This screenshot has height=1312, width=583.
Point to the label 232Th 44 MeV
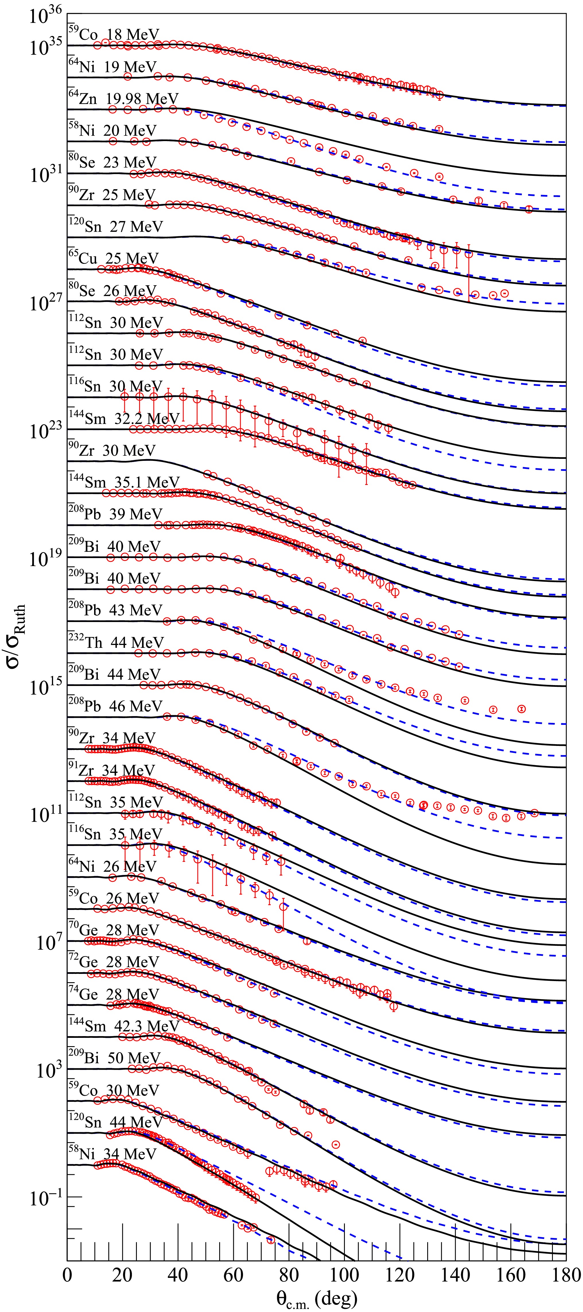(116, 642)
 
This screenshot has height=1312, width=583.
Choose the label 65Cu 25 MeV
(113, 258)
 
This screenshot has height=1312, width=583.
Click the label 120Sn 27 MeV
(115, 226)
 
